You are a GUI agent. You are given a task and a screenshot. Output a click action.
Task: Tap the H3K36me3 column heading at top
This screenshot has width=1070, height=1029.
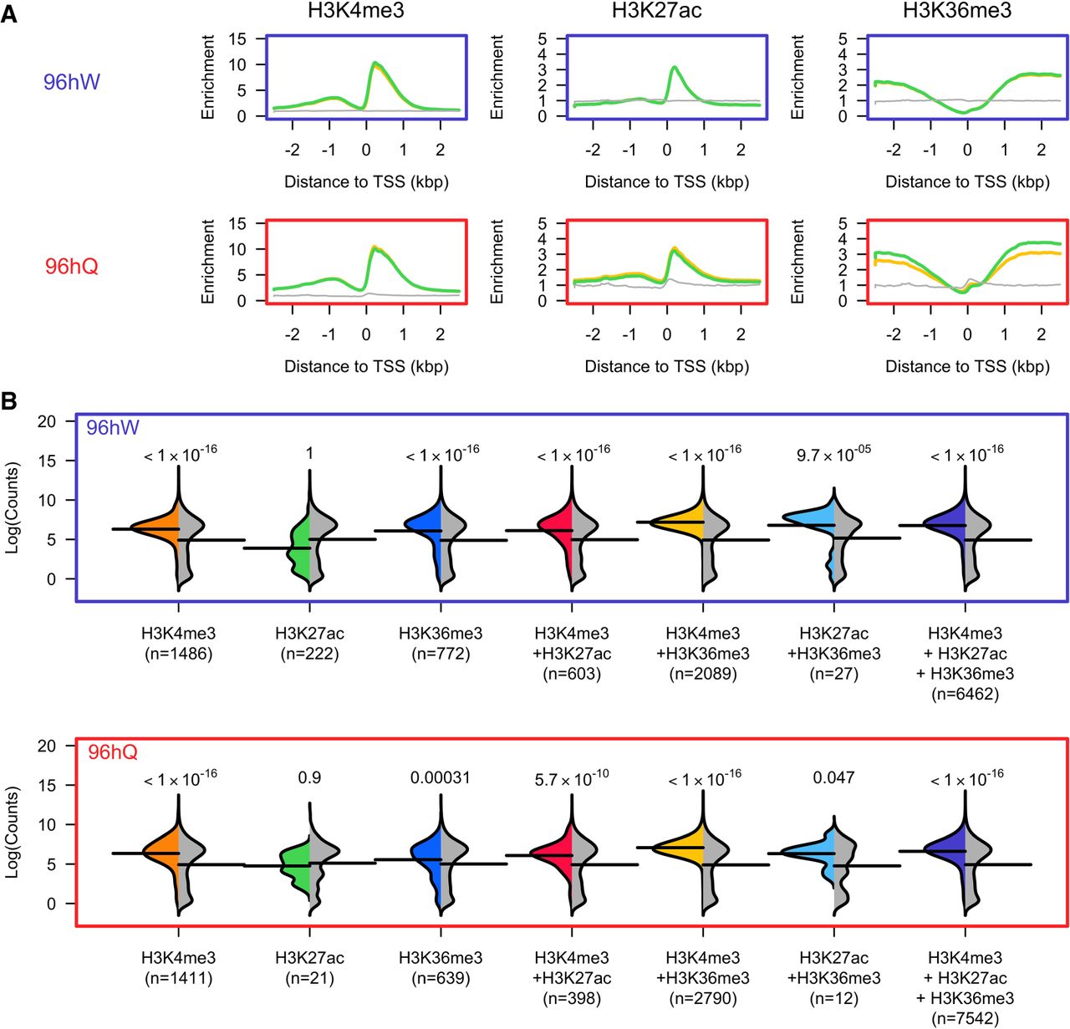pos(957,11)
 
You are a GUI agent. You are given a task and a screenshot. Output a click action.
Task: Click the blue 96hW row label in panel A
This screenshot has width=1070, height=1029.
pos(72,82)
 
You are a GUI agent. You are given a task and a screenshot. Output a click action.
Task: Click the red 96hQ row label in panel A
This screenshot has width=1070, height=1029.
pos(72,267)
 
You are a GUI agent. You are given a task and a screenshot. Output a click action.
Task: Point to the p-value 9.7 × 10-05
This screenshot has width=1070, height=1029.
pos(834,452)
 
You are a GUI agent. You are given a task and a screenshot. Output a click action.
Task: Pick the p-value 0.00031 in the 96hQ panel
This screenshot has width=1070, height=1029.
pos(441,777)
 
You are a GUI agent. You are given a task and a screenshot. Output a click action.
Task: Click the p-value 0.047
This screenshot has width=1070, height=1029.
pos(834,777)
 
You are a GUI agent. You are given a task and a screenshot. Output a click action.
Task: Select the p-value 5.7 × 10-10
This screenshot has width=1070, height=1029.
pos(572,777)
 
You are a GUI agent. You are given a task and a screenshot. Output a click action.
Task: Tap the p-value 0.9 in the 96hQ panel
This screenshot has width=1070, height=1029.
pos(309,777)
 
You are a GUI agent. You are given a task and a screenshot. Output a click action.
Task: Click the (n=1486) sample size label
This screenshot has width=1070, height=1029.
pos(177,654)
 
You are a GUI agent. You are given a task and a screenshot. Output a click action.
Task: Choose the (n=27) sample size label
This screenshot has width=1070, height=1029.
pos(834,674)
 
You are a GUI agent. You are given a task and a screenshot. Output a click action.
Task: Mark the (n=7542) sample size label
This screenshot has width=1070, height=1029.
pos(966,1018)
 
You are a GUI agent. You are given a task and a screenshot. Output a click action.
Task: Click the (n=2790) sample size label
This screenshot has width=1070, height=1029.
pos(703,998)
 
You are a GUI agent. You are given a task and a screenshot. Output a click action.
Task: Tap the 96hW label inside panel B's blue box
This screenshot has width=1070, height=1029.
pos(113,428)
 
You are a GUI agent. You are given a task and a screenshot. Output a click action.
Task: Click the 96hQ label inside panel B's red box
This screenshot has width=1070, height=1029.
pos(113,752)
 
